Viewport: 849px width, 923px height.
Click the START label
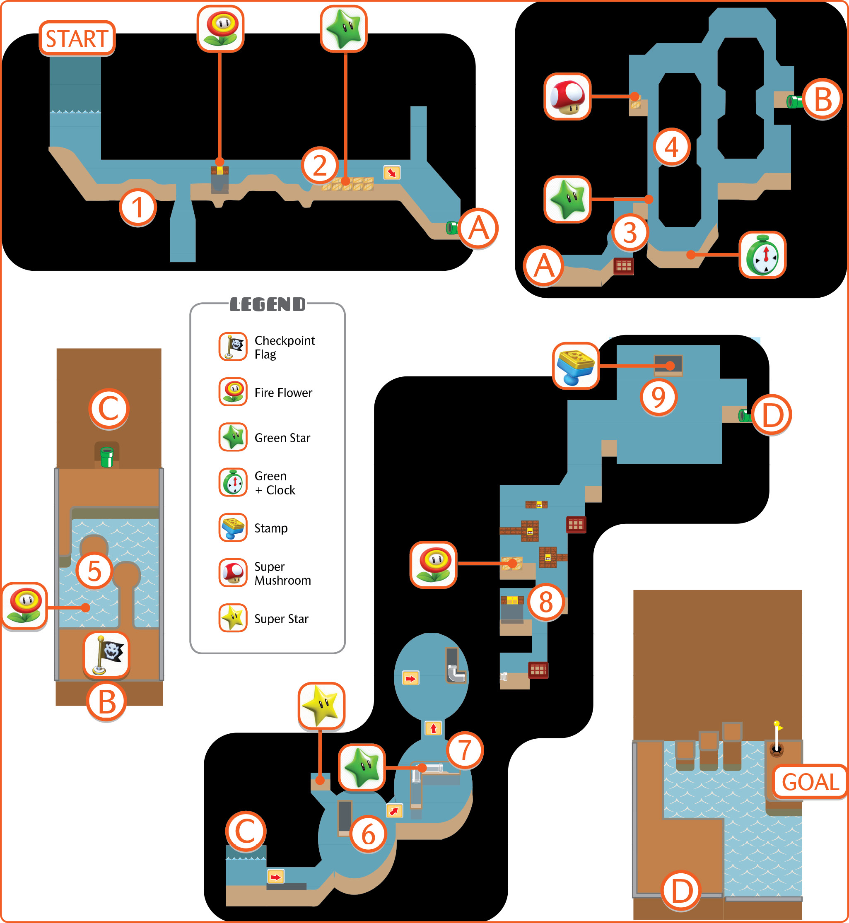(77, 39)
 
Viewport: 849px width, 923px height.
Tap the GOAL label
(810, 782)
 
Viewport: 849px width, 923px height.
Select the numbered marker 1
(138, 207)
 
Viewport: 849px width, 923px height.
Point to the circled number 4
(672, 147)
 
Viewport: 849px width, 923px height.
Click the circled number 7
(465, 750)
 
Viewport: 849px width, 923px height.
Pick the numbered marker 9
(659, 397)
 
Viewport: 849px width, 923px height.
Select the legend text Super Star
(281, 619)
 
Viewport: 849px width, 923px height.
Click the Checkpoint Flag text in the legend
(285, 347)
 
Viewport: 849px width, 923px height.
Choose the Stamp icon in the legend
(233, 528)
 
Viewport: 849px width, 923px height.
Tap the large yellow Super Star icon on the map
(321, 706)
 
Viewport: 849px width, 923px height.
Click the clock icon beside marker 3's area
(762, 255)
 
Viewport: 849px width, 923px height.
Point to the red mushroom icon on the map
(567, 96)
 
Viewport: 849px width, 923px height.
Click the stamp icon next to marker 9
(576, 366)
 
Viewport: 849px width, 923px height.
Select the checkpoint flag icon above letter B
(106, 655)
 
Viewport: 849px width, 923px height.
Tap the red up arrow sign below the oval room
(433, 728)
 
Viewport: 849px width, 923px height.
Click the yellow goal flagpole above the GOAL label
(777, 738)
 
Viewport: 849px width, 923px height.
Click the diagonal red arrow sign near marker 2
(392, 173)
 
